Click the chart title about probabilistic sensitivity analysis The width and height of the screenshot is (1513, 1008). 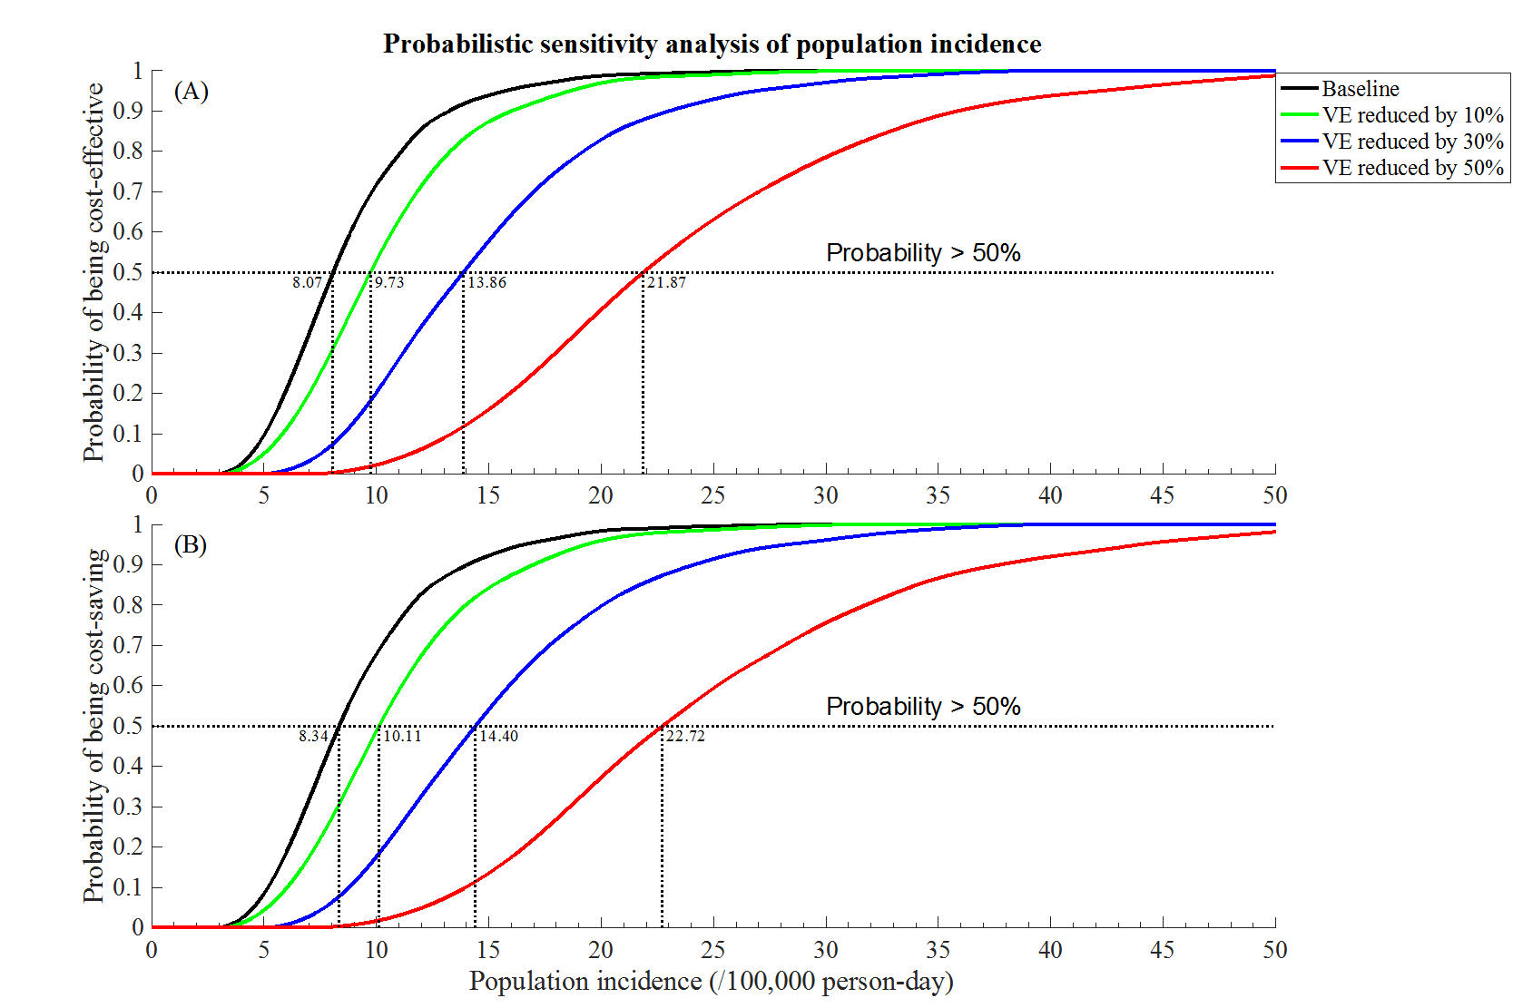712,44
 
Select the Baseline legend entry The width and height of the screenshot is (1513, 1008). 1360,89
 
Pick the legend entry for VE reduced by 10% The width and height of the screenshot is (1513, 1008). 1412,115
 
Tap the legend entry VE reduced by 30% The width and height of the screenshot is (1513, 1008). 1412,142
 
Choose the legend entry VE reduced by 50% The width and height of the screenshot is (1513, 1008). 1412,168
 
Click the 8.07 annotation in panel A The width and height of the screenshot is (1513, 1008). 307,282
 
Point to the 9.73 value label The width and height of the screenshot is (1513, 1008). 389,282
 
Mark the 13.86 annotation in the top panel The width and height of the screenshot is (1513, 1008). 487,282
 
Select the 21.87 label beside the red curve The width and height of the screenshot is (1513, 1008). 666,282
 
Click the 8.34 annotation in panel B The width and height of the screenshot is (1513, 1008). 313,736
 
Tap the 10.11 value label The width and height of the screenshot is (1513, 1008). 402,736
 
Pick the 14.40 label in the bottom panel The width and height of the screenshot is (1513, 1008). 498,736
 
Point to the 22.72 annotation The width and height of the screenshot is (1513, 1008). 685,736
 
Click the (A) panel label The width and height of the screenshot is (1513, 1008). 191,92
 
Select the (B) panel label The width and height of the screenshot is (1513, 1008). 191,544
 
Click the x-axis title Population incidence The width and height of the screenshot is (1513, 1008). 711,982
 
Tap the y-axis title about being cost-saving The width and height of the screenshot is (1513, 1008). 94,726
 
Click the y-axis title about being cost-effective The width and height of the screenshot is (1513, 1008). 94,272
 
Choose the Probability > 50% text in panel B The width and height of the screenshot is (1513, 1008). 923,707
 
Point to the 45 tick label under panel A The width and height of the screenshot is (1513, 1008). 1162,495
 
